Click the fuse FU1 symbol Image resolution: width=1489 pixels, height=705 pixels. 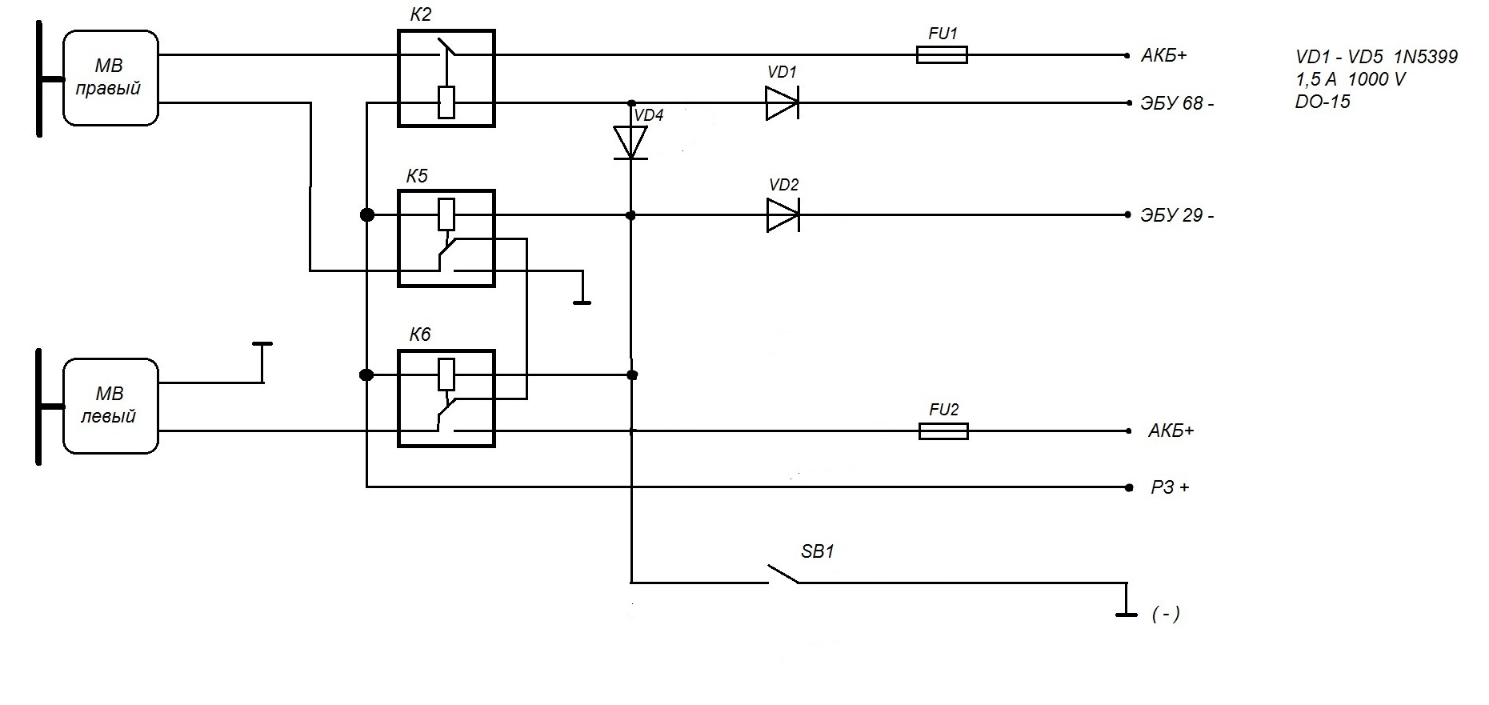tap(942, 55)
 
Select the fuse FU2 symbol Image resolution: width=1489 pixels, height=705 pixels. tap(943, 431)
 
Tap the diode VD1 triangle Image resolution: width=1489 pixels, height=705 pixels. tap(782, 103)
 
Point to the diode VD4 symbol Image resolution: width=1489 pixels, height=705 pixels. tap(630, 142)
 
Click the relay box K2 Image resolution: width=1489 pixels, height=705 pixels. tap(446, 78)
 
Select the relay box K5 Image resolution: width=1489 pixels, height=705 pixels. tap(446, 238)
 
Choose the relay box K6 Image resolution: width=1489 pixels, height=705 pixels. tap(446, 399)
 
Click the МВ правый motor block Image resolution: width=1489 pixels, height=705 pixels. tap(110, 78)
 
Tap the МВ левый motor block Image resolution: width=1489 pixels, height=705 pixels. tap(110, 407)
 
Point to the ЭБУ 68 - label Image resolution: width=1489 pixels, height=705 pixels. tap(1177, 104)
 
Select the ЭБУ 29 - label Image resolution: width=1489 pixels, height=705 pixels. tap(1177, 216)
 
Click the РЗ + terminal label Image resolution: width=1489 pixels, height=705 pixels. tap(1170, 487)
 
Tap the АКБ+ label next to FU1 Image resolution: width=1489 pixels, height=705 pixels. tap(1164, 56)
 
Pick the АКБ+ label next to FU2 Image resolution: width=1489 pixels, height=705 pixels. tap(1171, 431)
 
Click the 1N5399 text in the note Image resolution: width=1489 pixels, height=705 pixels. tap(1426, 58)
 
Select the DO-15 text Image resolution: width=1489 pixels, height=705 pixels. tap(1323, 102)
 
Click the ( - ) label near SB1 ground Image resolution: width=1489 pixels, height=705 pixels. tap(1166, 615)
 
